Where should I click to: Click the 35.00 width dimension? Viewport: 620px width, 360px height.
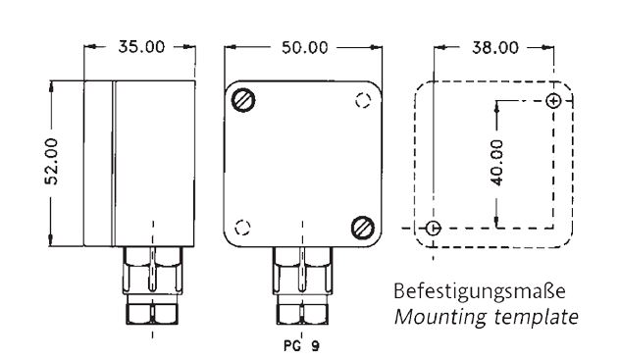click(x=141, y=47)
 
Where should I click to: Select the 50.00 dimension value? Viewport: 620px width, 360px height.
click(x=304, y=48)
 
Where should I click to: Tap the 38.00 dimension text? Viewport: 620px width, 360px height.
click(x=494, y=48)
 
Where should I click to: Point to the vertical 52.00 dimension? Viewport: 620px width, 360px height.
click(x=51, y=161)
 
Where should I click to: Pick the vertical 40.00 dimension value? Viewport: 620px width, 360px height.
click(x=496, y=163)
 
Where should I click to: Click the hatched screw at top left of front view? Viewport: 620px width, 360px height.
click(x=242, y=100)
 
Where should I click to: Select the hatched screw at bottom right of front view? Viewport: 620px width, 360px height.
click(x=363, y=228)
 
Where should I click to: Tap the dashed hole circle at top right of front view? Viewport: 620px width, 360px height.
click(x=363, y=100)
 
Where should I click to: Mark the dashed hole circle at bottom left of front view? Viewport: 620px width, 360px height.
click(x=242, y=228)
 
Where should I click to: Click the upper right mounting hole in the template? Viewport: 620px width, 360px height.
click(x=553, y=101)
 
